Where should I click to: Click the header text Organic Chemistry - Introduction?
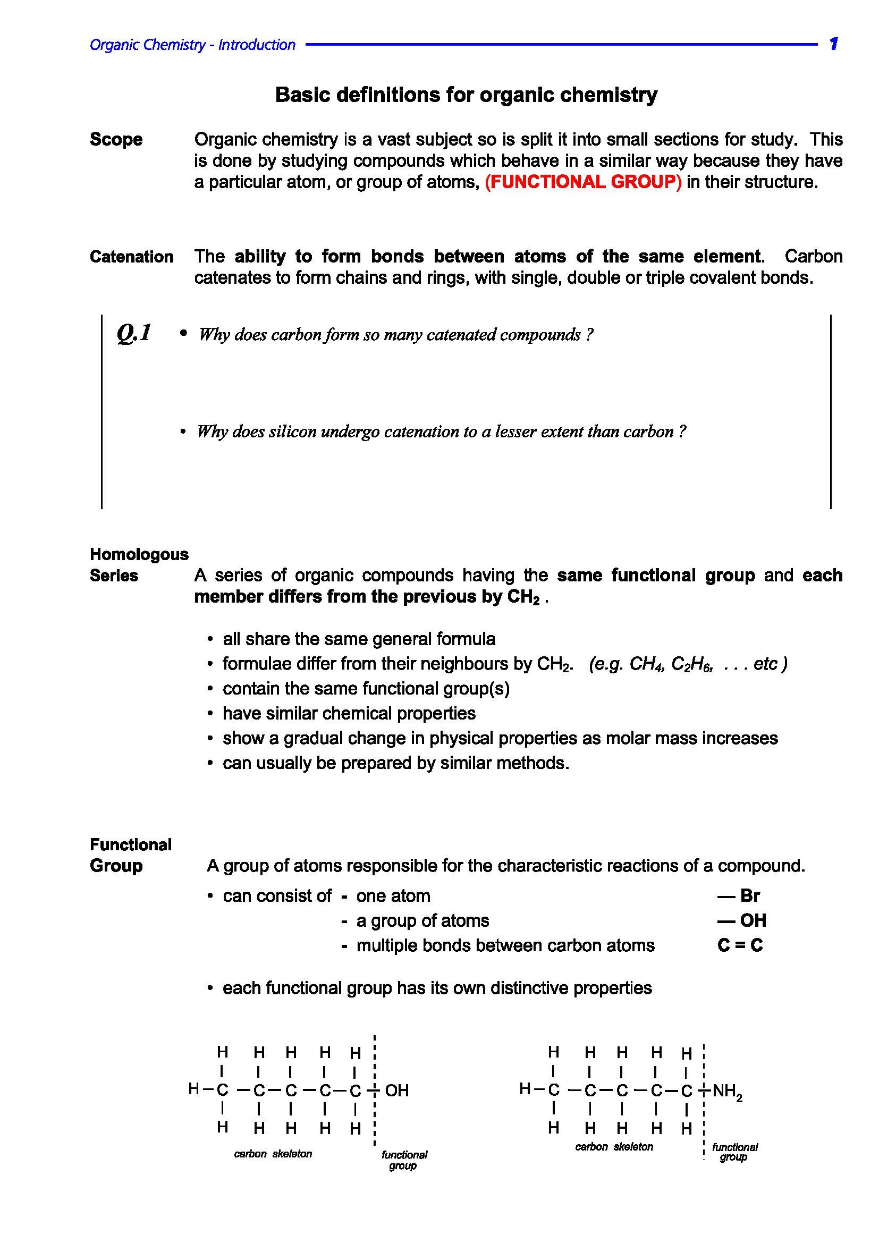192,45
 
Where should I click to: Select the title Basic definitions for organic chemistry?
466,95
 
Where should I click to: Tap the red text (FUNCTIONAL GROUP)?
583,182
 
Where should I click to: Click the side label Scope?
116,140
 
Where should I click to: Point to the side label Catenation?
131,257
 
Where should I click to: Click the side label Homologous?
139,554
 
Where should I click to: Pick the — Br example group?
739,896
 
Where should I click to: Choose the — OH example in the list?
742,921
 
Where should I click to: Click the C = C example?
740,946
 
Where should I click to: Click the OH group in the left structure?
397,1090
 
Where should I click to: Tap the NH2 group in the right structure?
727,1091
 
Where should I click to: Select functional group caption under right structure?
734,1152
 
